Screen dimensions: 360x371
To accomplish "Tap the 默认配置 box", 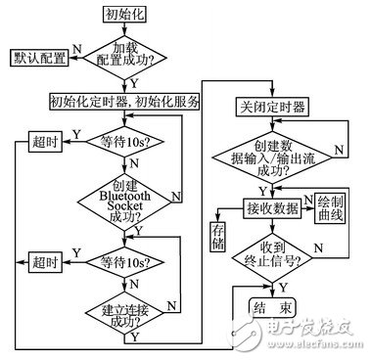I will (x=38, y=58).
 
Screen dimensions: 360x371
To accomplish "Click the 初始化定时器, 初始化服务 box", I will (x=123, y=101).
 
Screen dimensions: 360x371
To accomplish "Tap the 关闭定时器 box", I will (x=270, y=105).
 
